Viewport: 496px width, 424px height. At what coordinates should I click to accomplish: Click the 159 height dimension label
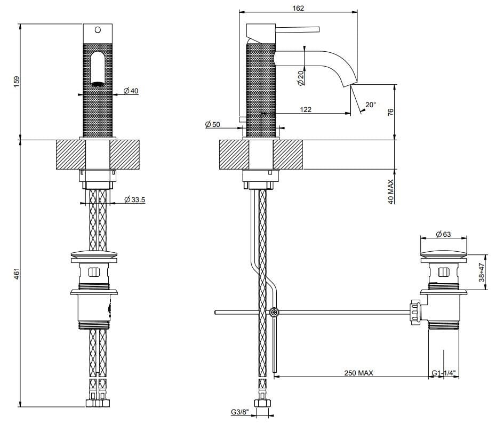click(17, 82)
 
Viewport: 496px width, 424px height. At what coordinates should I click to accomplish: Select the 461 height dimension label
click(17, 274)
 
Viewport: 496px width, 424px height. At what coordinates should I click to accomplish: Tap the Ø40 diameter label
click(131, 91)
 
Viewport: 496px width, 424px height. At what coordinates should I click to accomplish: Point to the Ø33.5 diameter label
click(135, 199)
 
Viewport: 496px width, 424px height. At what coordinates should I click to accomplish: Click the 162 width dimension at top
click(298, 8)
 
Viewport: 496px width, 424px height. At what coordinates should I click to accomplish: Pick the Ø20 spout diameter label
click(300, 78)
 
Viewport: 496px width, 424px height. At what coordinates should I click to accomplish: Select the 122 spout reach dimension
click(306, 109)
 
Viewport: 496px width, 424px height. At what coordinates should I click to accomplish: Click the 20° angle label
click(371, 105)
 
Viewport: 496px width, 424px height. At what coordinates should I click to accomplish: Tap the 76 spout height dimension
click(390, 112)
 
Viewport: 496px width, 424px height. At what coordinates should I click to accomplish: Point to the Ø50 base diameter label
click(212, 124)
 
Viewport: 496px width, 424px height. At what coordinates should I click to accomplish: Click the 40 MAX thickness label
click(390, 192)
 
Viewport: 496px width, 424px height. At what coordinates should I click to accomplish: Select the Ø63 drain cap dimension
click(444, 234)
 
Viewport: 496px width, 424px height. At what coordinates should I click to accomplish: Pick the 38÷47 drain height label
click(481, 272)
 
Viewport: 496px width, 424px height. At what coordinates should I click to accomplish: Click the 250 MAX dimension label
click(358, 373)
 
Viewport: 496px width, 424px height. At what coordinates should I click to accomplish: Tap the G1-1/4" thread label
click(444, 373)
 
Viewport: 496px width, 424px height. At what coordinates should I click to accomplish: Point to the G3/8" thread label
click(239, 412)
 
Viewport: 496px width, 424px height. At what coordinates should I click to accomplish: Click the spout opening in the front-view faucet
click(98, 84)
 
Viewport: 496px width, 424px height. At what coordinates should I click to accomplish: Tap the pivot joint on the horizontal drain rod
click(274, 313)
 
